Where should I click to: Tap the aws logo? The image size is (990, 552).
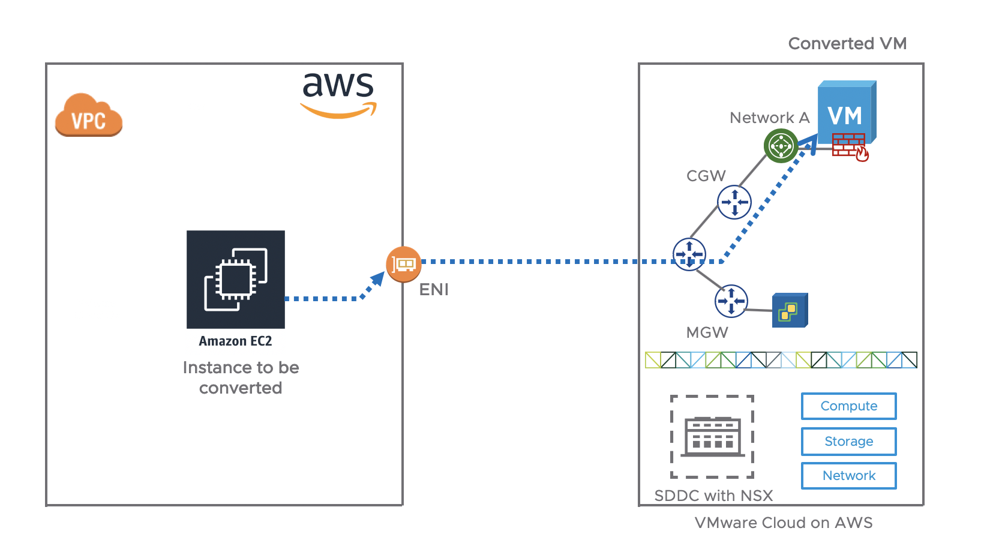tap(338, 93)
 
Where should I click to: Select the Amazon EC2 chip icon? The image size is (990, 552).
tap(236, 279)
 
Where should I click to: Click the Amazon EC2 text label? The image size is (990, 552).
tap(235, 341)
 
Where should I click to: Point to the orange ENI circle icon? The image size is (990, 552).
tap(403, 264)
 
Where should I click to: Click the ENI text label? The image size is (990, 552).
tap(434, 290)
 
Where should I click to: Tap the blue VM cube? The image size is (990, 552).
tap(846, 112)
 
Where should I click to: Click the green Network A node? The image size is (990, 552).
tap(781, 146)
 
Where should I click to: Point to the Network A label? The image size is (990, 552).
tap(769, 118)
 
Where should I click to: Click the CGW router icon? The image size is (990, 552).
tap(734, 202)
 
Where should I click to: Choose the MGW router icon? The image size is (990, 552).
tap(731, 301)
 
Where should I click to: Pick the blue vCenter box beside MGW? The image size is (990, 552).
tap(790, 310)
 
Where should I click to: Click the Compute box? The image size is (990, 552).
tap(848, 406)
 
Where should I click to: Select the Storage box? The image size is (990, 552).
tap(848, 441)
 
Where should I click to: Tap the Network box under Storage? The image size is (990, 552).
tap(848, 476)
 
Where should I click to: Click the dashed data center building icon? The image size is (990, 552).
tap(712, 437)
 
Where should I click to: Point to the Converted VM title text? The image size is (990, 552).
tap(847, 44)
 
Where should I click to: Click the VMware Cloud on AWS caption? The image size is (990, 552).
tap(783, 523)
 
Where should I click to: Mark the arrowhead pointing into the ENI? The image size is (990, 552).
tap(378, 279)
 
